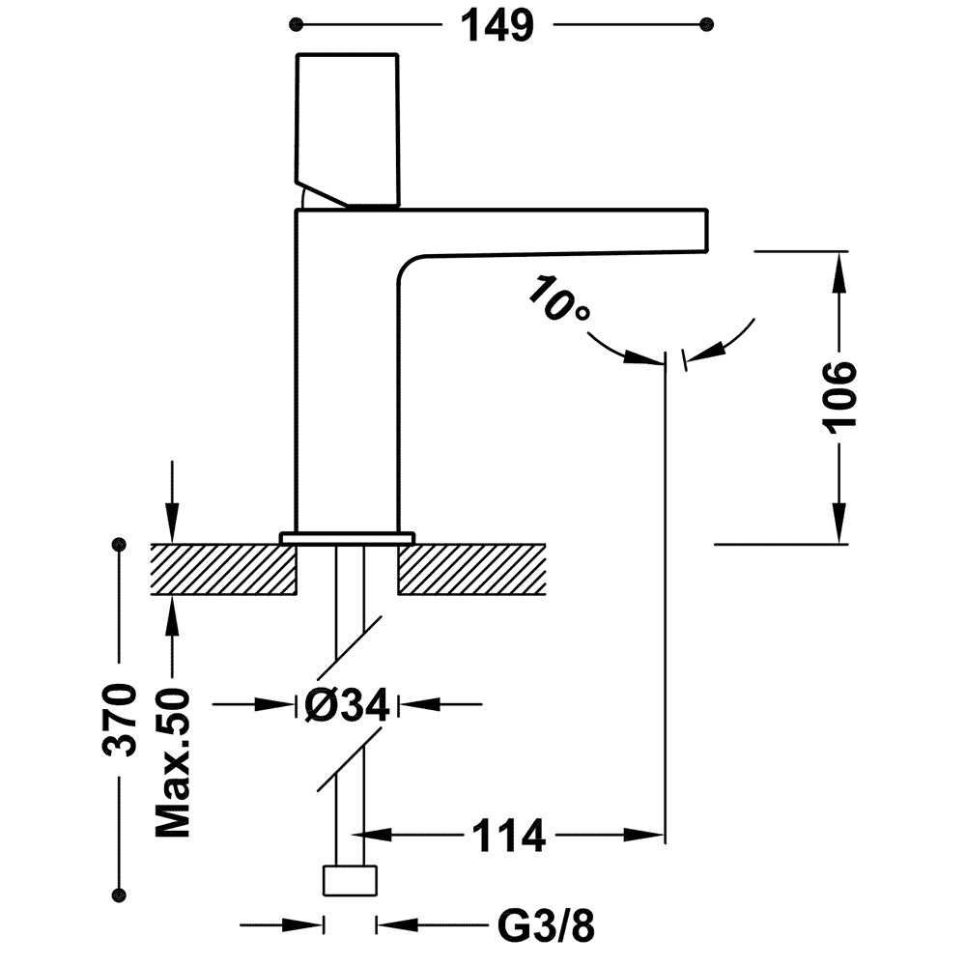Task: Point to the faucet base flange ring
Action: [x=347, y=536]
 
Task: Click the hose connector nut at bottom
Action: [x=348, y=881]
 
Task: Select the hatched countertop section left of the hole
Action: [x=223, y=569]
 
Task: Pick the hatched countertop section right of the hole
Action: [x=472, y=569]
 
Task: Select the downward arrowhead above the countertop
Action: [x=173, y=526]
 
